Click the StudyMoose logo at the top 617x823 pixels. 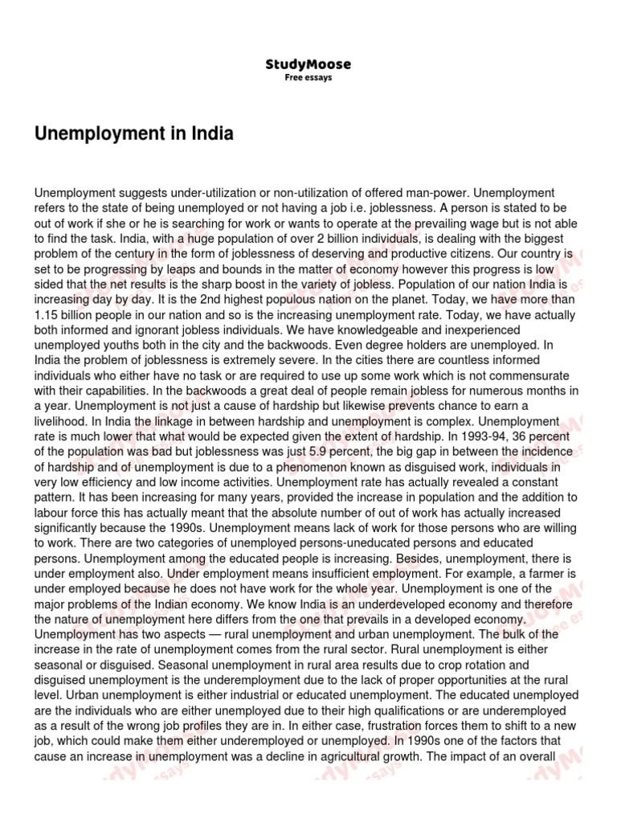point(308,64)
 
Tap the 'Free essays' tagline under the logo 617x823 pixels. point(308,78)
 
